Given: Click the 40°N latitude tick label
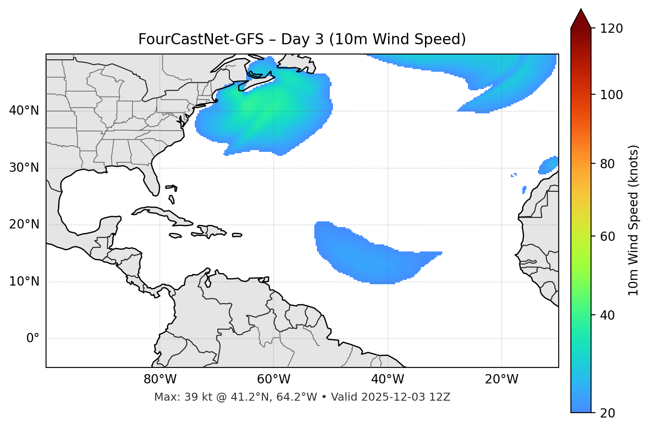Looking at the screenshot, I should coord(24,111).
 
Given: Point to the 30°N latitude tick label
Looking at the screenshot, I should coord(24,168).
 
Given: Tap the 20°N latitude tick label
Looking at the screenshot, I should coord(24,224).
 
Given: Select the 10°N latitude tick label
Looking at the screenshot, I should coord(24,282).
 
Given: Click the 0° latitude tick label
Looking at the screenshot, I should coord(33,339).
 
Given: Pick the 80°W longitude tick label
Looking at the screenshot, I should coord(160,379).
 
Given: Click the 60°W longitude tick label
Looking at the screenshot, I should coord(274,379).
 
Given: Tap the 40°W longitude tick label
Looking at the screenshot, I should coord(387,379).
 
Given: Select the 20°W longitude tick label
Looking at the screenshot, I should coord(502,379).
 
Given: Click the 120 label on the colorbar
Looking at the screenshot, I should coord(611,29).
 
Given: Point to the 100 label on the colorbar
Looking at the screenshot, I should coord(611,95).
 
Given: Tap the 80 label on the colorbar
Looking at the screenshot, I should coord(608,164).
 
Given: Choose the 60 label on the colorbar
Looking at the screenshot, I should coord(608,236).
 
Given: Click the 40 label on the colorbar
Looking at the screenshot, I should coord(608,315).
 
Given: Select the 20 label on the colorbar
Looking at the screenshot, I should coord(608,413).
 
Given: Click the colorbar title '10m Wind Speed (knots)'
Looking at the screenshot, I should coord(634,220).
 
